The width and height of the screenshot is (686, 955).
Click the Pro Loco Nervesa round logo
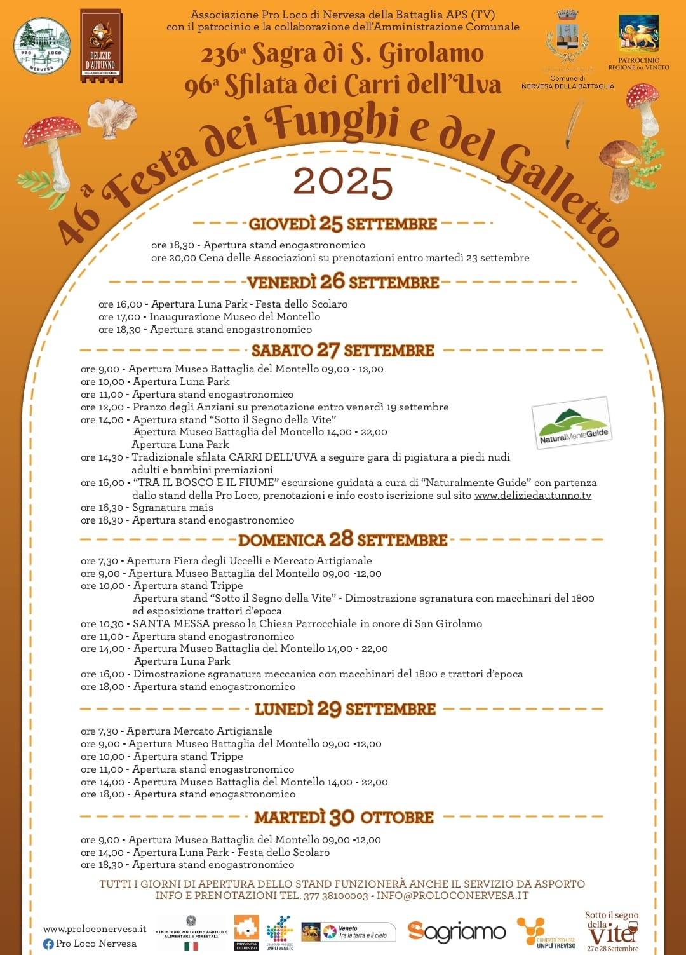pos(42,45)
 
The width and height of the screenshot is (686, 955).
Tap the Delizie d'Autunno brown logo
pos(101,46)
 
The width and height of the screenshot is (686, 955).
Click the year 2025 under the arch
pos(342,182)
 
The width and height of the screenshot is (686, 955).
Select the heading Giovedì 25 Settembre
pos(342,224)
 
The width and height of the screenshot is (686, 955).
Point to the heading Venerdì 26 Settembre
pos(343,281)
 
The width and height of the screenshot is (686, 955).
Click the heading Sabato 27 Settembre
pos(343,350)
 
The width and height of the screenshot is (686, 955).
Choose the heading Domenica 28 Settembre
pos(343,540)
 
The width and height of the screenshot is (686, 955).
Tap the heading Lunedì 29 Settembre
pos(345,709)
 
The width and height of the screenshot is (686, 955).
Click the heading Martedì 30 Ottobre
pos(344,817)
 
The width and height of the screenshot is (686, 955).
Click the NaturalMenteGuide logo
pos(572,423)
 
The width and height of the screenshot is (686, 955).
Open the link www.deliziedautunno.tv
pos(532,496)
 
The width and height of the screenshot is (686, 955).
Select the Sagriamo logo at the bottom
pos(456,932)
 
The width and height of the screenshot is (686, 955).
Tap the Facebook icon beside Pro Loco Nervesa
pos(48,944)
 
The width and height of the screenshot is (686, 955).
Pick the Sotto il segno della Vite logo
pos(612,931)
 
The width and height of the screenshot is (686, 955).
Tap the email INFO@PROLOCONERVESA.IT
pos(452,896)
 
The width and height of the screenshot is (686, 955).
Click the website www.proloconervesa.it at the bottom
pos(95,929)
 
